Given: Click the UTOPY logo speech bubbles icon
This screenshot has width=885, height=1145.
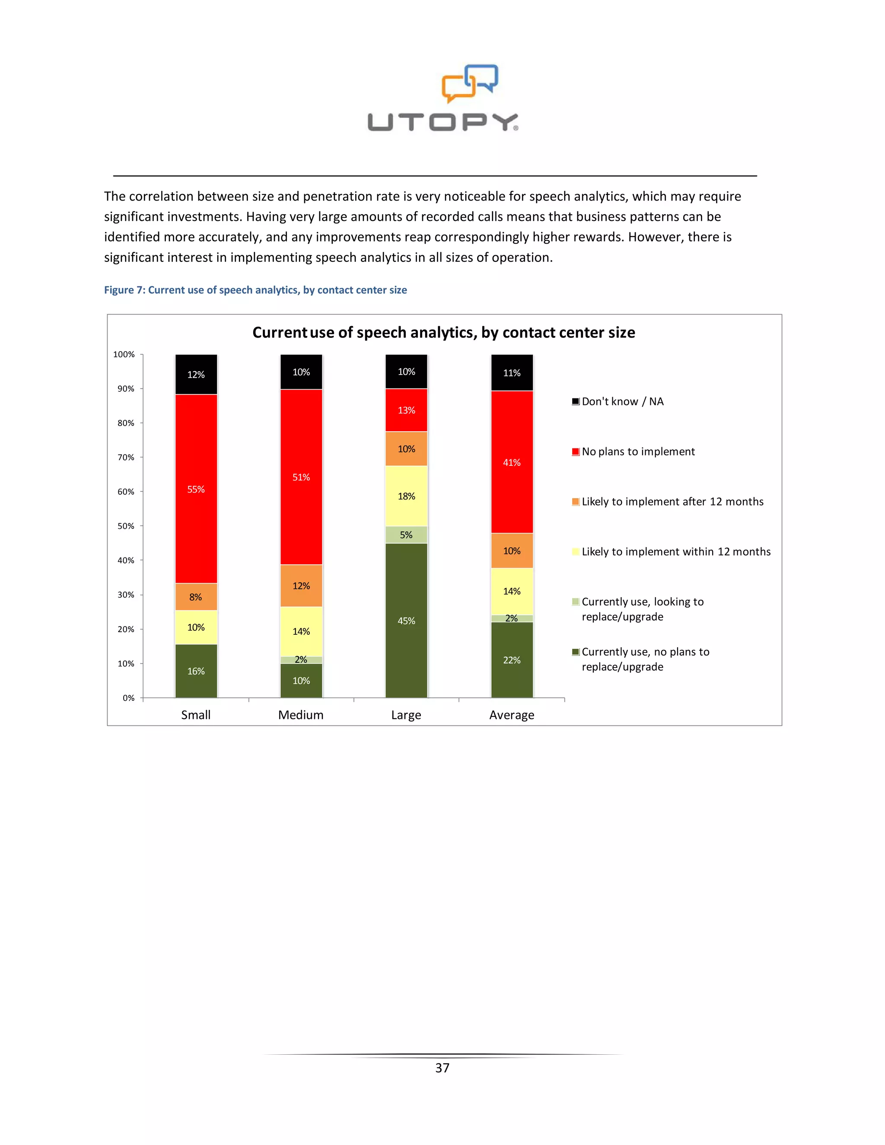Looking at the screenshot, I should (x=470, y=83).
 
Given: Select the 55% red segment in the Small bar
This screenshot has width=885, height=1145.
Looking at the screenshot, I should (x=196, y=489).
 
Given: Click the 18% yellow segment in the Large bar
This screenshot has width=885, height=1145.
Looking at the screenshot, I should (x=406, y=496).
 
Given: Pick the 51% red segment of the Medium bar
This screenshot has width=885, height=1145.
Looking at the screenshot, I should (x=301, y=477).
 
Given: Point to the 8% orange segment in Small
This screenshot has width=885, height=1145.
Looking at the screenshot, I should (x=196, y=597).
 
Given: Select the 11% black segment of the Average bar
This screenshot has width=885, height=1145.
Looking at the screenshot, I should (x=512, y=373).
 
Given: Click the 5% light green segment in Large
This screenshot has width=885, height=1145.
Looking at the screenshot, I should (x=406, y=535).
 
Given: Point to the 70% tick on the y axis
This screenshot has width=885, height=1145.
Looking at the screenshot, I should (x=126, y=457).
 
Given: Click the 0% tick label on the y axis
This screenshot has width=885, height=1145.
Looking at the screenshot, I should (x=128, y=698).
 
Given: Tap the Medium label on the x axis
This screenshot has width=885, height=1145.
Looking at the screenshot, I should (x=301, y=715).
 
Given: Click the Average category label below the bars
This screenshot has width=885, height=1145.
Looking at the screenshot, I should (x=512, y=715).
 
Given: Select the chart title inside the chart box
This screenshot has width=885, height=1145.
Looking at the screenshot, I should (x=443, y=332).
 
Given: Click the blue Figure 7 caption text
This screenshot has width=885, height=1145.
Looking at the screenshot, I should (x=255, y=290).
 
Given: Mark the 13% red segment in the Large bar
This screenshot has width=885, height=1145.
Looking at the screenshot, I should (x=406, y=410).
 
